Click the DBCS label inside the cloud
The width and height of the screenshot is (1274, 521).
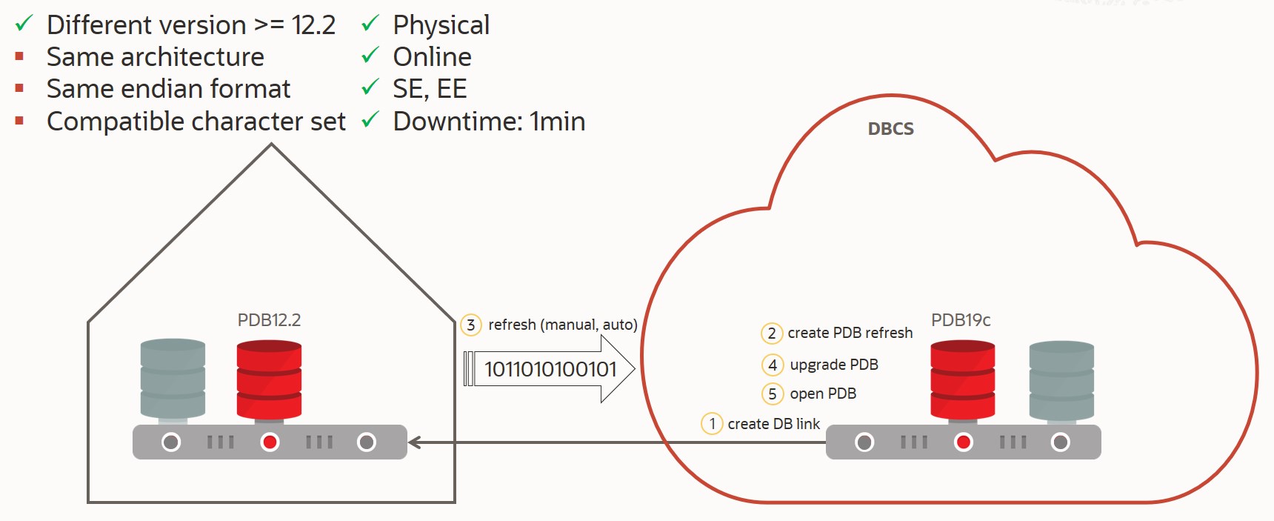pyautogui.click(x=890, y=129)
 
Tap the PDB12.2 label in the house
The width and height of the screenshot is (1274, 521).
pyautogui.click(x=269, y=320)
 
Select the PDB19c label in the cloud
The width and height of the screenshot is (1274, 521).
pyautogui.click(x=961, y=320)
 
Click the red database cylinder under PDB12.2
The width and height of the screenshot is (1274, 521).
pyautogui.click(x=269, y=379)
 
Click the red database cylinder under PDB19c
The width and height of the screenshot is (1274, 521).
pyautogui.click(x=962, y=380)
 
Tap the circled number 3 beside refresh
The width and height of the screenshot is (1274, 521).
pyautogui.click(x=470, y=325)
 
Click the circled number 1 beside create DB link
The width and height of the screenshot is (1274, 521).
pyautogui.click(x=711, y=424)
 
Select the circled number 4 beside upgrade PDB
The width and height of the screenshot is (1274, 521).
pyautogui.click(x=772, y=365)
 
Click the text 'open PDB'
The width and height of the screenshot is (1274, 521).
pyautogui.click(x=823, y=394)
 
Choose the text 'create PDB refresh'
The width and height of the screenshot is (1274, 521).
pyautogui.click(x=850, y=333)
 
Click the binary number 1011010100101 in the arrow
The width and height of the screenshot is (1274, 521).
pyautogui.click(x=550, y=369)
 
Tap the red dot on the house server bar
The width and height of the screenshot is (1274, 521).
pyautogui.click(x=270, y=442)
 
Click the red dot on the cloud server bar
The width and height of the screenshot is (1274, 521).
pyautogui.click(x=963, y=442)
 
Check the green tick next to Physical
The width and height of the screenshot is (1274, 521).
pyautogui.click(x=370, y=24)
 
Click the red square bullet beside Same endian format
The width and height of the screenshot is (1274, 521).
pyautogui.click(x=19, y=88)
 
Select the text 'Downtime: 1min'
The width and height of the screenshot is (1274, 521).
pyautogui.click(x=489, y=122)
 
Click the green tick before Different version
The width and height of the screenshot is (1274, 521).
pyautogui.click(x=24, y=24)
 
